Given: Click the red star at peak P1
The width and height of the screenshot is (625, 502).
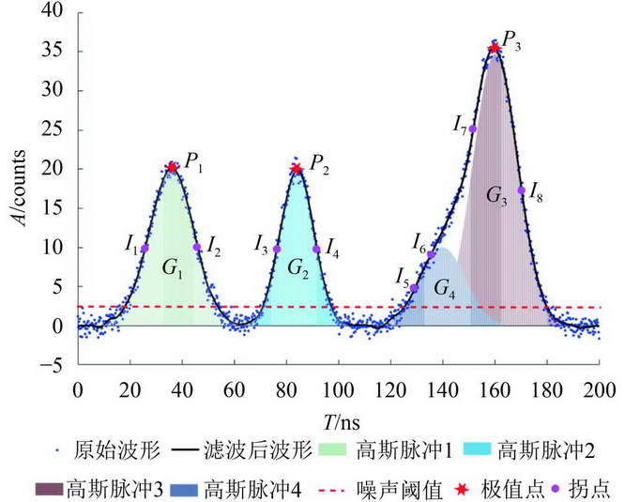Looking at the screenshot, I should (x=172, y=168).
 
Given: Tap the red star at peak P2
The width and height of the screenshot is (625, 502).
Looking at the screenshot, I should (x=297, y=169).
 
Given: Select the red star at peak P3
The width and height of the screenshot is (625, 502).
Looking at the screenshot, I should (x=495, y=47).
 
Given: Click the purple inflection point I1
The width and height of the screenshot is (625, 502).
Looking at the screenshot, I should (x=145, y=249).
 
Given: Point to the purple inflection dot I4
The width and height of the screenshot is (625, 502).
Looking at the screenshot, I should (x=317, y=250).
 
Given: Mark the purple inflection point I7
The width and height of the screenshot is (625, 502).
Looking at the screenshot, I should (x=473, y=129).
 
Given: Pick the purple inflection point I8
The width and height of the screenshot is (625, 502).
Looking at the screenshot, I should (x=522, y=190).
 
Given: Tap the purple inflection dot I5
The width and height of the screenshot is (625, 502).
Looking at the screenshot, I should (x=414, y=288).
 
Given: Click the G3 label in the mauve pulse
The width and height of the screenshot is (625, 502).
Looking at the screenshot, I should (x=496, y=196).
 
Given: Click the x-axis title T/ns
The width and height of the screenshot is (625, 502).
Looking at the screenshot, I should (x=338, y=418).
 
